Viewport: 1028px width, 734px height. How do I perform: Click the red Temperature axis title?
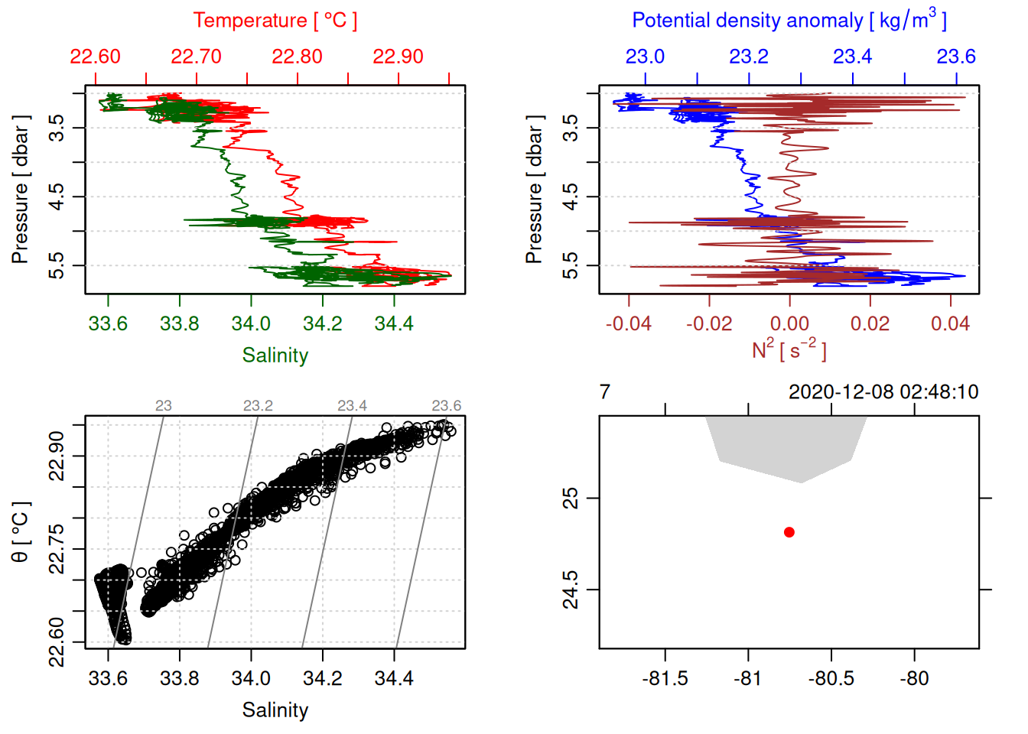[275, 21]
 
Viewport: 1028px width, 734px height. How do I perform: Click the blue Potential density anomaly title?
[789, 20]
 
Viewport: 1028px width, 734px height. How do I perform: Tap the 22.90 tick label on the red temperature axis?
[398, 57]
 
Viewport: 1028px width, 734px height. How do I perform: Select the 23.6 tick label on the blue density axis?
[956, 57]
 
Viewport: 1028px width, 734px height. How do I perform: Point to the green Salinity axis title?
[275, 356]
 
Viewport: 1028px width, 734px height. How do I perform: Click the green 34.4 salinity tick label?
[394, 323]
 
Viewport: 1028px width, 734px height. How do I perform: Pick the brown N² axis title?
[789, 349]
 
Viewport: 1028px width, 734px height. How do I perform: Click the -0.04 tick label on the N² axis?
[629, 323]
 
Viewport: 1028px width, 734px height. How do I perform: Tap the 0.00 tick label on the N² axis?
[789, 323]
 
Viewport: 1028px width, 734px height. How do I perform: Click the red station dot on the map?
[789, 532]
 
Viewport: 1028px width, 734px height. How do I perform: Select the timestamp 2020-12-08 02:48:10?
[883, 392]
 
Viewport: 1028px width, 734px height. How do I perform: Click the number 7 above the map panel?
[605, 392]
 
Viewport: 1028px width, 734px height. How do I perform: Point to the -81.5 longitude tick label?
[665, 678]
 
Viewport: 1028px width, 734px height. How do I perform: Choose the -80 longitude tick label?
[914, 678]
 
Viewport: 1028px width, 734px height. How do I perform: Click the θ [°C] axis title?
[21, 532]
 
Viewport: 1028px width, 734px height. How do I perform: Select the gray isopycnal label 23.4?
[352, 405]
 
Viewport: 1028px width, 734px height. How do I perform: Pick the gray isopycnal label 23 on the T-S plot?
[164, 405]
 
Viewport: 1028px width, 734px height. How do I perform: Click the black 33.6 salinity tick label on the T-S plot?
[108, 678]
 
